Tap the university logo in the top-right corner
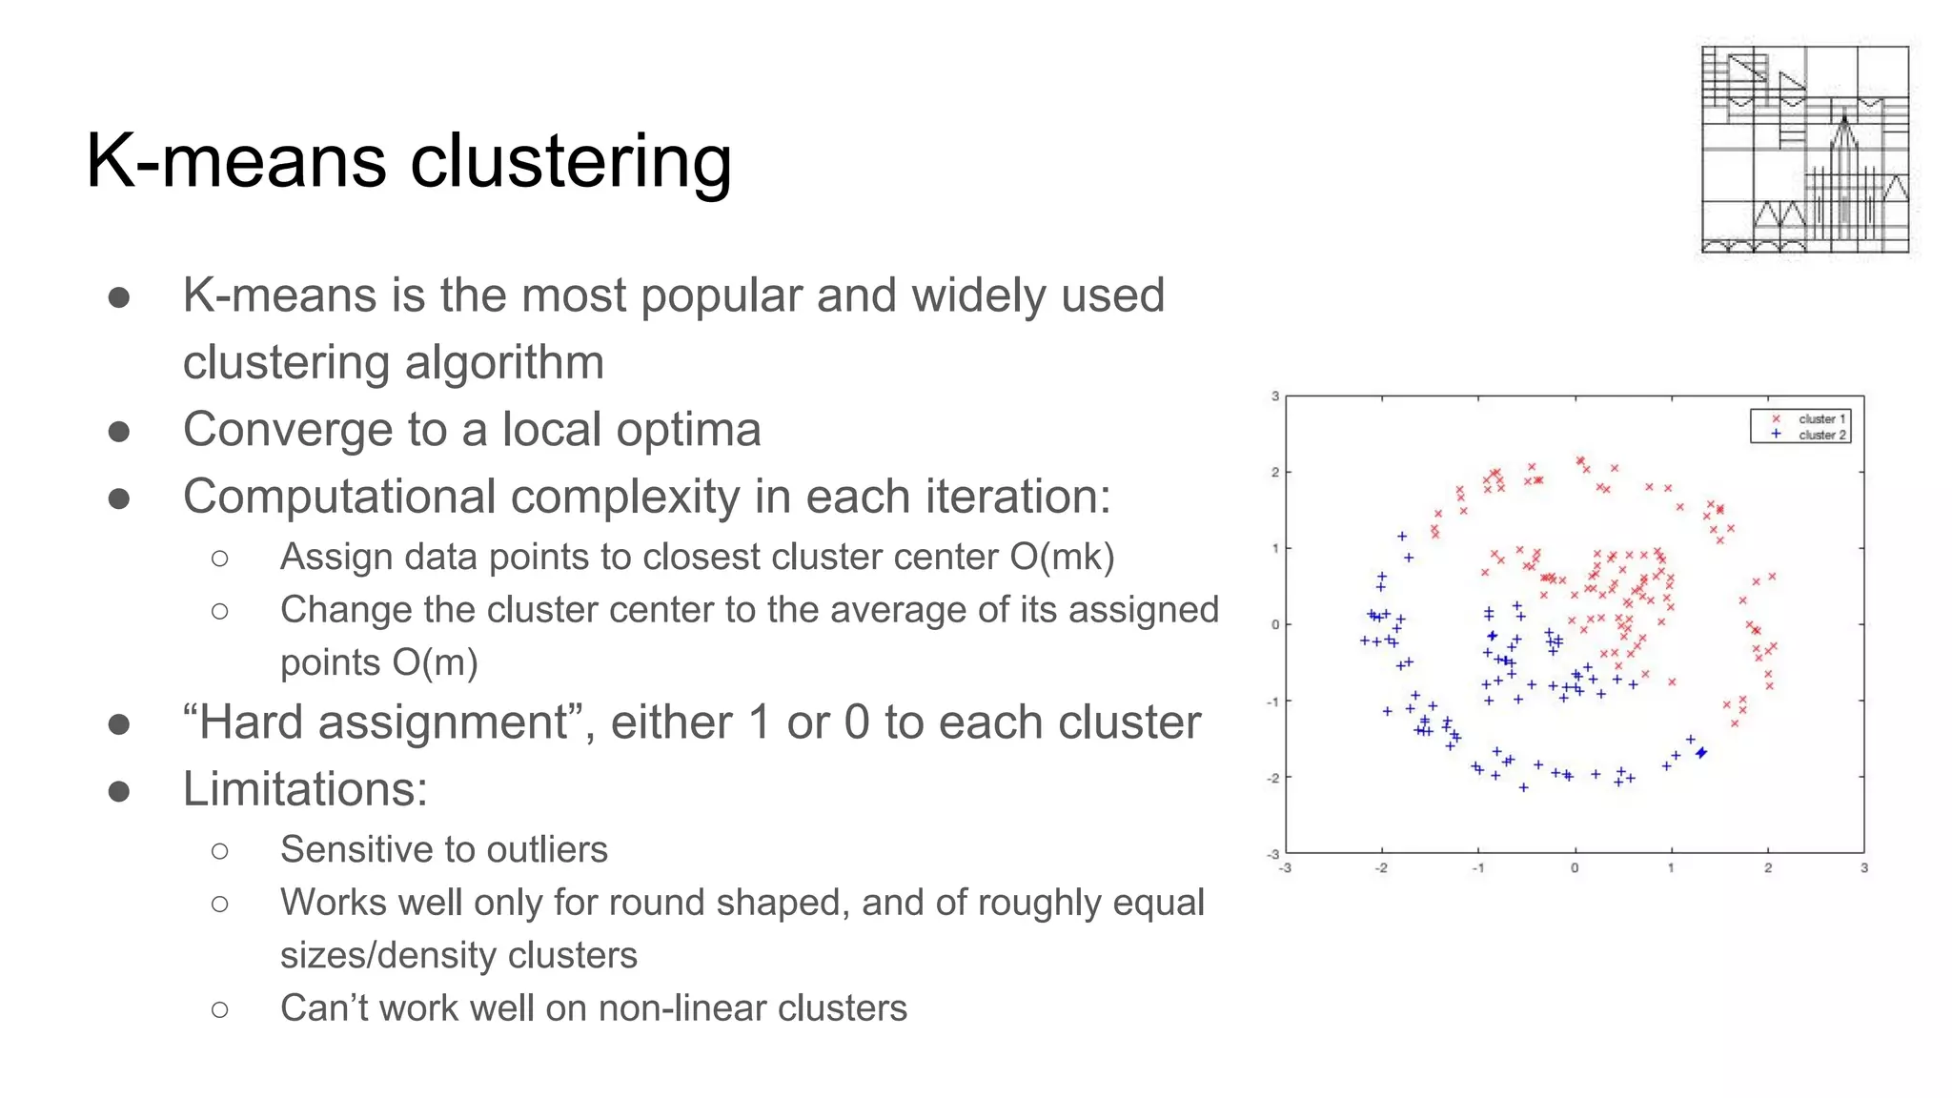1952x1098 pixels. point(1804,150)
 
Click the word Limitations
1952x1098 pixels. point(305,789)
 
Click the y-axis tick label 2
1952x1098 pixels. point(1275,472)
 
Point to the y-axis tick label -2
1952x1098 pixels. point(1272,778)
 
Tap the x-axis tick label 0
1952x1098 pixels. point(1575,868)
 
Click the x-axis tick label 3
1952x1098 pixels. point(1864,868)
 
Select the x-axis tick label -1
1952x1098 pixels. point(1477,868)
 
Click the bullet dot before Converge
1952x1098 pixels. point(119,432)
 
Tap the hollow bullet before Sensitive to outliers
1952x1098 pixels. point(220,850)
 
